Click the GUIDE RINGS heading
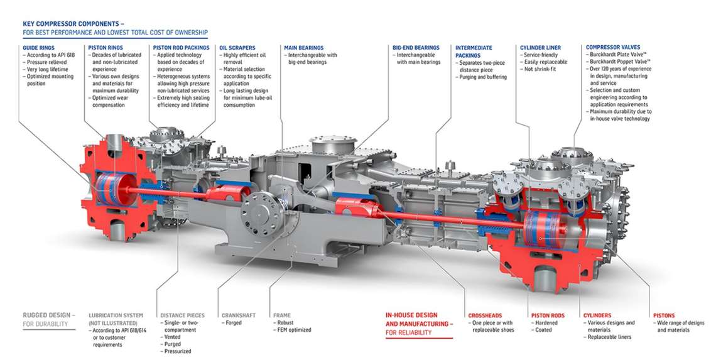pyautogui.click(x=39, y=47)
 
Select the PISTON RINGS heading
pyautogui.click(x=105, y=47)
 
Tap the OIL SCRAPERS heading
pyautogui.click(x=237, y=47)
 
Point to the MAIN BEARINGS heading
pyautogui.click(x=303, y=47)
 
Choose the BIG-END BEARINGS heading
pyautogui.click(x=416, y=47)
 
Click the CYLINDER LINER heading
pyautogui.click(x=540, y=47)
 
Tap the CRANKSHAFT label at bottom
pyautogui.click(x=238, y=315)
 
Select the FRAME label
pyautogui.click(x=282, y=315)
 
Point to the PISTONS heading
pyautogui.click(x=664, y=315)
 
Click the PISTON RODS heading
pyautogui.click(x=548, y=315)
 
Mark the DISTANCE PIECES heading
pyautogui.click(x=182, y=315)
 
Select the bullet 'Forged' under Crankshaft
pyautogui.click(x=234, y=323)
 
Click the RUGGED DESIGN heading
pyautogui.click(x=49, y=315)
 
